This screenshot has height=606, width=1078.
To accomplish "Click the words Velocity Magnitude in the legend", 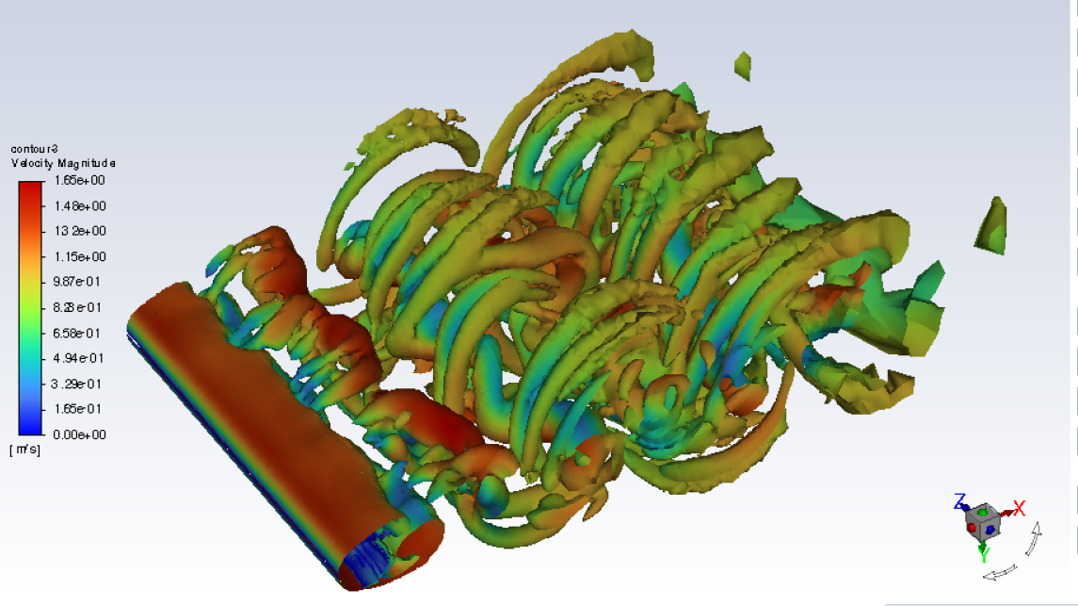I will click(x=62, y=163).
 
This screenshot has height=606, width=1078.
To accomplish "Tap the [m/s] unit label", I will click(x=24, y=450).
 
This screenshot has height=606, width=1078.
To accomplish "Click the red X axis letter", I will click(x=1018, y=509).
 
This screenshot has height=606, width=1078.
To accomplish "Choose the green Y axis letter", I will click(x=984, y=553).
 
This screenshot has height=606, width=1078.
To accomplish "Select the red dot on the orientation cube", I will click(x=972, y=529).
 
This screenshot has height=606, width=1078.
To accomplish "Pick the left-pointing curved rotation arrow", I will click(x=1001, y=570).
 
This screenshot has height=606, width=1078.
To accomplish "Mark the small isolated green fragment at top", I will click(x=743, y=65).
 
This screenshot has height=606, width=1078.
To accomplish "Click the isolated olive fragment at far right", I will click(x=992, y=226).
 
